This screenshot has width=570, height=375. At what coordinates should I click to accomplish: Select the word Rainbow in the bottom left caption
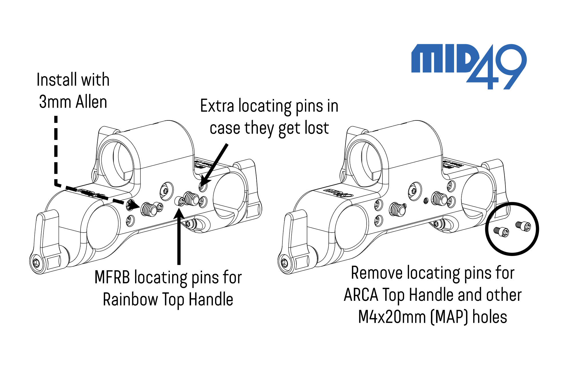(x=130, y=299)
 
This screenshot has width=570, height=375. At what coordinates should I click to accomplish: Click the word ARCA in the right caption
(x=361, y=295)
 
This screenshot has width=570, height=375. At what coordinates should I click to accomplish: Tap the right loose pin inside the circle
(x=523, y=226)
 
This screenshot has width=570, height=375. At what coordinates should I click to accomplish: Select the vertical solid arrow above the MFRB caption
(x=179, y=237)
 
